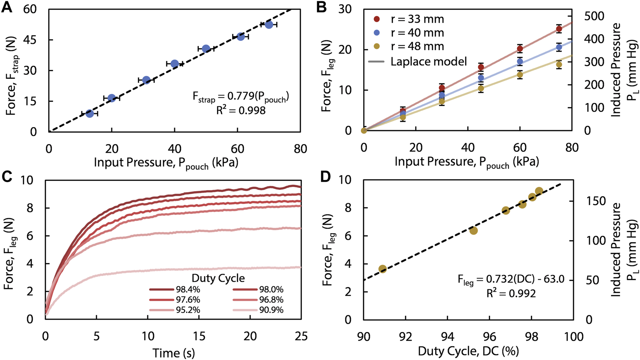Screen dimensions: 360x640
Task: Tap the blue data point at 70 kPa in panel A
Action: click(x=269, y=25)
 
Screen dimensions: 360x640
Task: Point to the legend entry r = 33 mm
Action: click(x=417, y=19)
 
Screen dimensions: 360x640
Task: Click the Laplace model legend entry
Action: click(x=428, y=61)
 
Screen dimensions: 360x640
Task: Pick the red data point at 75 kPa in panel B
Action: click(x=559, y=29)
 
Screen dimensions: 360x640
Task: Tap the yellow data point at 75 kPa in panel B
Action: click(x=559, y=64)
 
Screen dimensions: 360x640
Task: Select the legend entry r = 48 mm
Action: click(x=417, y=46)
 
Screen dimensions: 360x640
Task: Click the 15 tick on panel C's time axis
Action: click(x=199, y=335)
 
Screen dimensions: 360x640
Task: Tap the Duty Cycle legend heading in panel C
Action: click(x=218, y=278)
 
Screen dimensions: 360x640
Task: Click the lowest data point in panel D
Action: click(x=383, y=269)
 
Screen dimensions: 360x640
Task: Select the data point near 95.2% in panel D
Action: click(x=474, y=230)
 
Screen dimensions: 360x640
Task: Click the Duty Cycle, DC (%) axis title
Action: click(x=468, y=351)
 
